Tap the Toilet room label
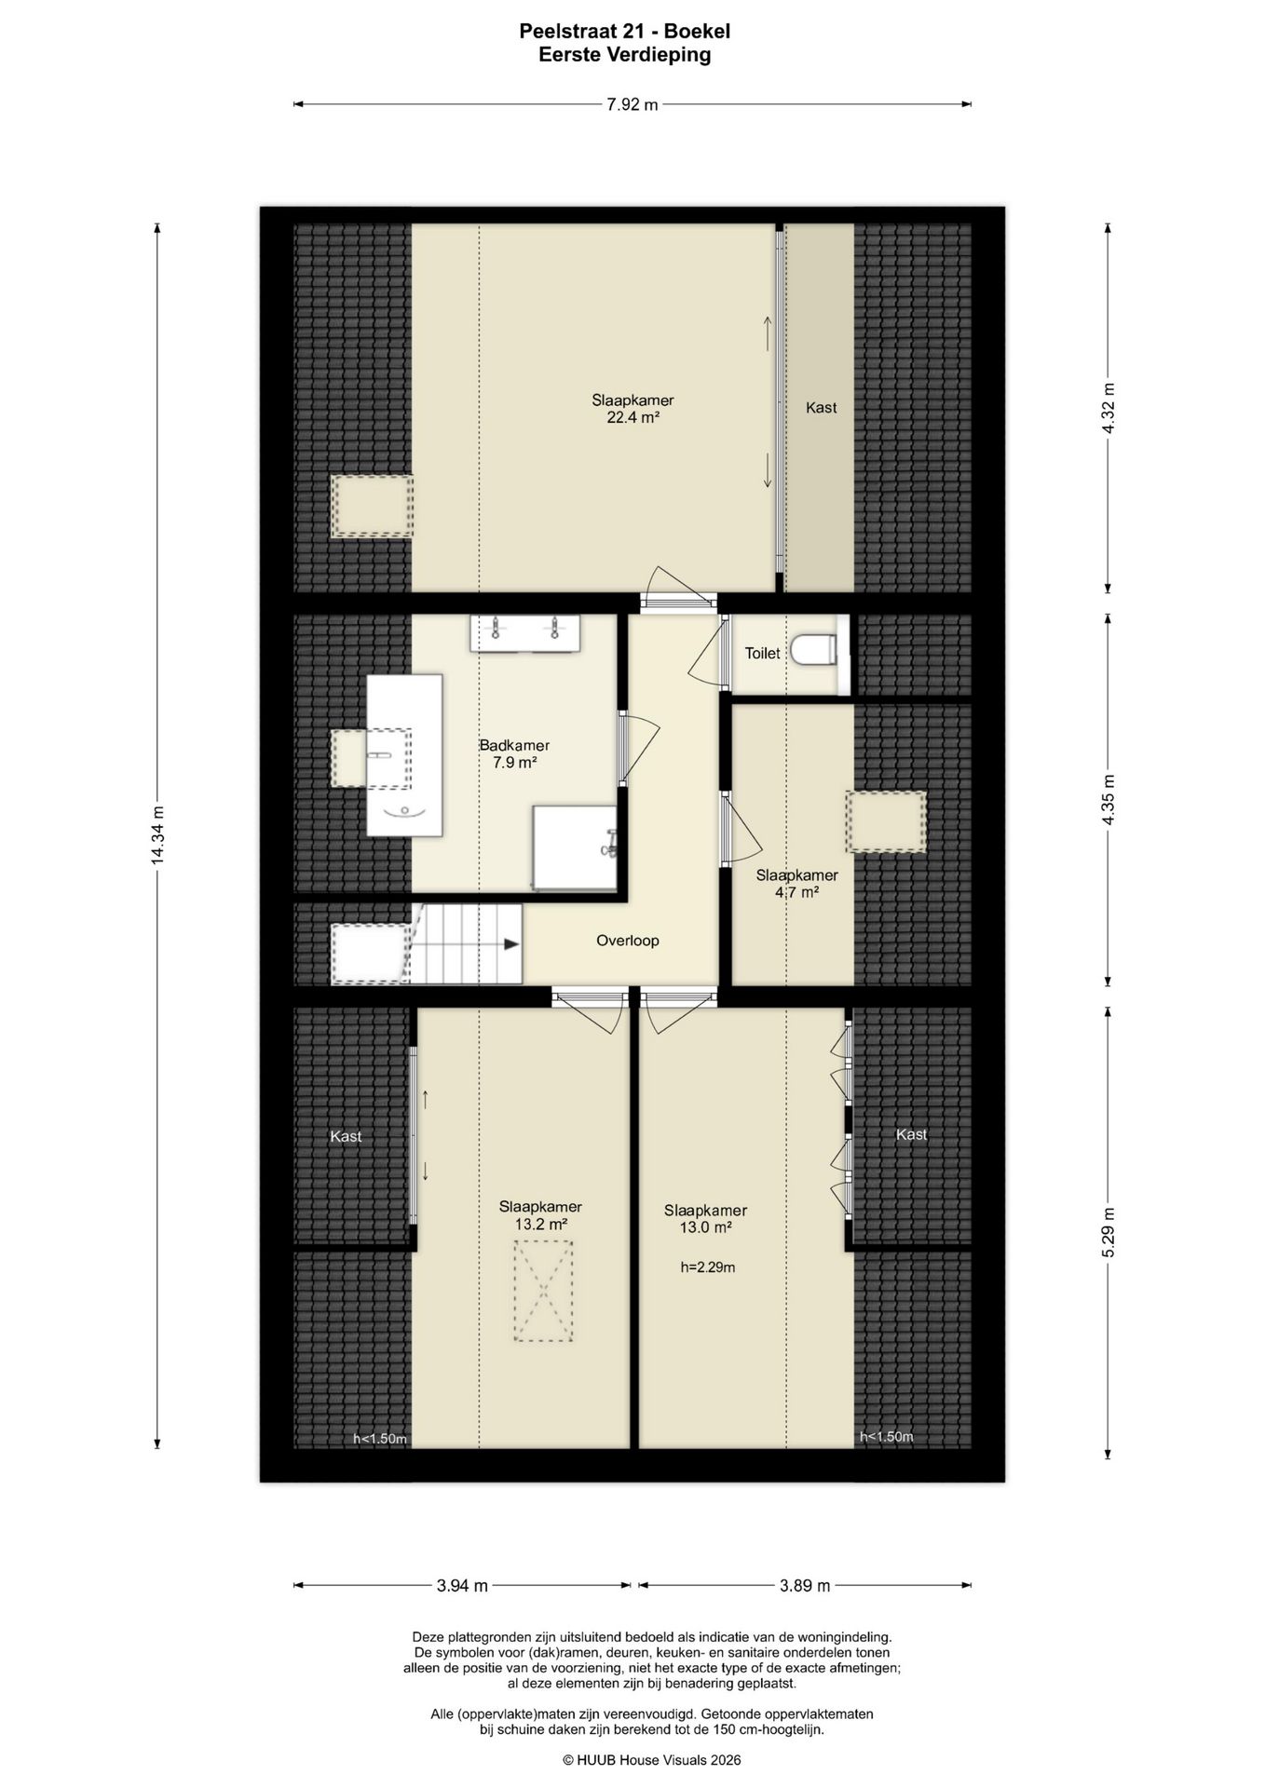pos(762,654)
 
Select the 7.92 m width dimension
pos(632,104)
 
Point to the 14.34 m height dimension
pos(157,835)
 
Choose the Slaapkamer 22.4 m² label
pos(632,409)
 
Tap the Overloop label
pos(628,941)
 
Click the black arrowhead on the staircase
pos(511,944)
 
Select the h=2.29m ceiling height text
pos(708,1267)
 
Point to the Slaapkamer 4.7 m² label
pos(796,884)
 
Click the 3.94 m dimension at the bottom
pos(462,1585)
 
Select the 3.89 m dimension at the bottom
pos(805,1585)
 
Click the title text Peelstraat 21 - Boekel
pos(625,32)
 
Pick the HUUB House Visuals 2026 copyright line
pos(651,1760)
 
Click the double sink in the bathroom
pos(525,632)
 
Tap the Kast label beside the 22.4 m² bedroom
pos(821,407)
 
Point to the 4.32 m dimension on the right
pos(1108,408)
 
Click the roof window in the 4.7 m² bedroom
pos(886,821)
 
